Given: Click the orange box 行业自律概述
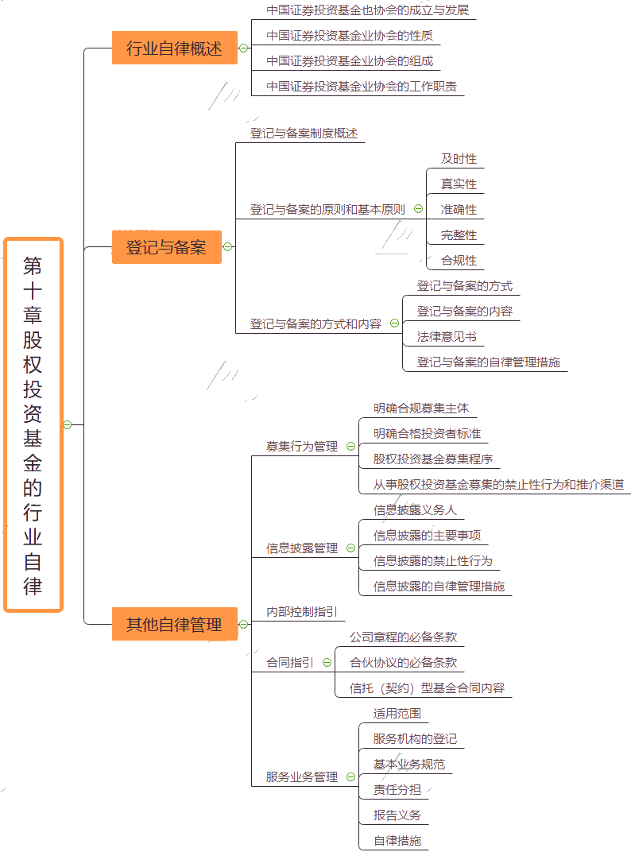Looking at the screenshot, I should [x=174, y=48].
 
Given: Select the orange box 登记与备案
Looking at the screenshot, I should [x=166, y=247].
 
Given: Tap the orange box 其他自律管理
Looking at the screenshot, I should [x=174, y=624].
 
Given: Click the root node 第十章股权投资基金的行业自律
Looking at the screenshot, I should [x=33, y=424].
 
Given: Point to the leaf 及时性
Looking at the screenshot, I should [x=459, y=159].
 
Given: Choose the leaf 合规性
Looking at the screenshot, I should [x=459, y=261].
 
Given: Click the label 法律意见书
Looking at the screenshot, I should [x=447, y=337].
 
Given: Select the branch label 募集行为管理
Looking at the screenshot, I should [x=302, y=447].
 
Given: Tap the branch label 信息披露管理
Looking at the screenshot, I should [x=302, y=548].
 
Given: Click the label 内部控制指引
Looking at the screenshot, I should [x=302, y=612].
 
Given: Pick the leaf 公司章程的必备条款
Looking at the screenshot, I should [x=403, y=637].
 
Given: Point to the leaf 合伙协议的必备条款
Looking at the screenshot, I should [x=403, y=663].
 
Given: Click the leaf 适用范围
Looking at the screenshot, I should [x=397, y=714].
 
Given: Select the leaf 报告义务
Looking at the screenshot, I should [x=397, y=815].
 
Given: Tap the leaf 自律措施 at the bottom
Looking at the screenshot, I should [x=397, y=841].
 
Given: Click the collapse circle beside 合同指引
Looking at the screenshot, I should [x=327, y=663].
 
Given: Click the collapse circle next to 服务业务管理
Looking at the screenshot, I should [x=351, y=777].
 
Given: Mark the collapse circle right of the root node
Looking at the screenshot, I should [x=68, y=424].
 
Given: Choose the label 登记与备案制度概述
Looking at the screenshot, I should [x=304, y=134].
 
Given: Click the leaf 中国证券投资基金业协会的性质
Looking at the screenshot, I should [x=350, y=36].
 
